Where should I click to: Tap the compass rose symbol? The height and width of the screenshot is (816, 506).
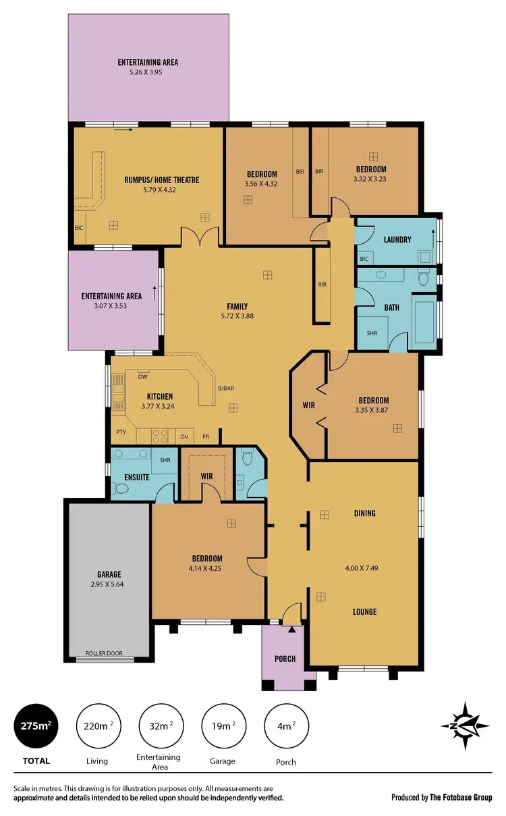(x=466, y=725)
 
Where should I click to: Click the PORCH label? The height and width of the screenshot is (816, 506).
(x=285, y=659)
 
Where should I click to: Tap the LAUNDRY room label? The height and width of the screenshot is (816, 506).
(x=397, y=240)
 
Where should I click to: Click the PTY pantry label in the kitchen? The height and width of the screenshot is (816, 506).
(x=121, y=432)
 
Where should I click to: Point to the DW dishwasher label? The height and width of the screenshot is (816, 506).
(x=142, y=377)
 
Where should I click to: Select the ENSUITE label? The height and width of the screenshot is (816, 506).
(x=136, y=477)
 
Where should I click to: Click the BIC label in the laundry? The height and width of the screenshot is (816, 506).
(x=364, y=259)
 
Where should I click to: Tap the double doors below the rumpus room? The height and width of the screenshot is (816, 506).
(x=200, y=238)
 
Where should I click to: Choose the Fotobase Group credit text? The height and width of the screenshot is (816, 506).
(x=442, y=798)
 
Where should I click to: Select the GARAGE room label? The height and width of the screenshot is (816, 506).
(x=108, y=575)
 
